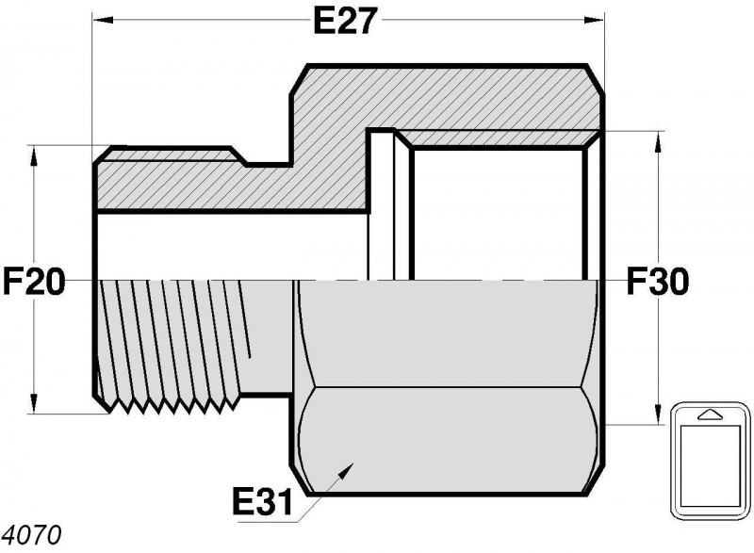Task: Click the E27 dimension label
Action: pyautogui.click(x=343, y=21)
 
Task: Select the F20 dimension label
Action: pyautogui.click(x=34, y=281)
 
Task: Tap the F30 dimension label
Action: pyautogui.click(x=658, y=281)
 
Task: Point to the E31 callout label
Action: pyautogui.click(x=262, y=501)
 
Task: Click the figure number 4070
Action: pyautogui.click(x=32, y=534)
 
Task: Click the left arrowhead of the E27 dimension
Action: pyautogui.click(x=103, y=20)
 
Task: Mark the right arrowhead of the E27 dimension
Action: pyautogui.click(x=594, y=20)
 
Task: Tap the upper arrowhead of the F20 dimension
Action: pyautogui.click(x=34, y=156)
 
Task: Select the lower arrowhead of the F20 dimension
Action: pyautogui.click(x=34, y=403)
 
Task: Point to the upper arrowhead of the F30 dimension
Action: pyautogui.click(x=658, y=141)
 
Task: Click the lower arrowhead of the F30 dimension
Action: pyautogui.click(x=658, y=415)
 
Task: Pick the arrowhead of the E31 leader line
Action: pyautogui.click(x=346, y=470)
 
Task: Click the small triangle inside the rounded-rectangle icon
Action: pyautogui.click(x=711, y=415)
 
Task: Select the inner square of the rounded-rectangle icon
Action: pyautogui.click(x=711, y=466)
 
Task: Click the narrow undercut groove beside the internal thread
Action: pyautogui.click(x=382, y=204)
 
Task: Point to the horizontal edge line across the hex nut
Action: pyautogui.click(x=446, y=387)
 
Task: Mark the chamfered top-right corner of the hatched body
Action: pyautogui.click(x=595, y=79)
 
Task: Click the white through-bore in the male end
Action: pyautogui.click(x=232, y=246)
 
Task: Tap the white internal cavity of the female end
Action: pyautogui.click(x=499, y=215)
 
